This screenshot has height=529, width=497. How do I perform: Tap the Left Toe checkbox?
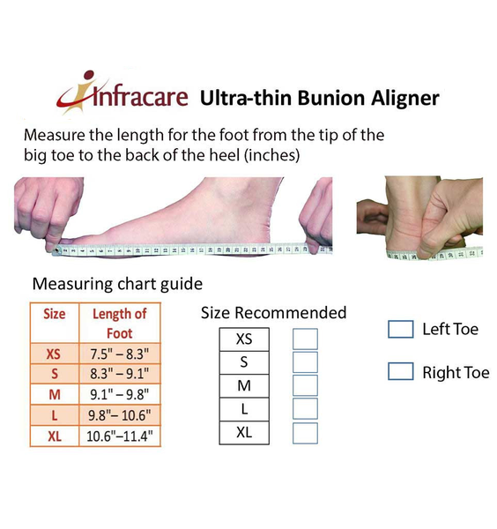point(401,329)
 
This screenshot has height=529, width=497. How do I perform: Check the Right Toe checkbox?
point(401,371)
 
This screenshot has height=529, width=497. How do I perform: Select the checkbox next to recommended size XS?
point(305,339)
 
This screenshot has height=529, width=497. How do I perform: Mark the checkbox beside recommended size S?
point(305,362)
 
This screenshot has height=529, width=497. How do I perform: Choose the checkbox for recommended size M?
point(305,385)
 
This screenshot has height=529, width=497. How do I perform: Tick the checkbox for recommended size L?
point(305,409)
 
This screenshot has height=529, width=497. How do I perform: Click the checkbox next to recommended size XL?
point(305,433)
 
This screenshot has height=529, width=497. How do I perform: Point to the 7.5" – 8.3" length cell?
point(120,354)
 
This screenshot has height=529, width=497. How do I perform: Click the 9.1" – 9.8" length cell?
point(120,394)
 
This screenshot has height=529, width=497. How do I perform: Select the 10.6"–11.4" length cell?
point(120,436)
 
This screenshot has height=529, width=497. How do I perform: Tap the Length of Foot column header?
point(120,322)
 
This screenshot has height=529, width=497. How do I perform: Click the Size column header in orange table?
point(55,314)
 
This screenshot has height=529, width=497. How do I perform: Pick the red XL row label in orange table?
point(54,436)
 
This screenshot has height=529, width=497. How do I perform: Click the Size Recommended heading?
point(273,313)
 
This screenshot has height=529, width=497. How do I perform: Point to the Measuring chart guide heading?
point(117,285)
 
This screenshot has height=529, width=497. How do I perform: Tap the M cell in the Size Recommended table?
point(244,385)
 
